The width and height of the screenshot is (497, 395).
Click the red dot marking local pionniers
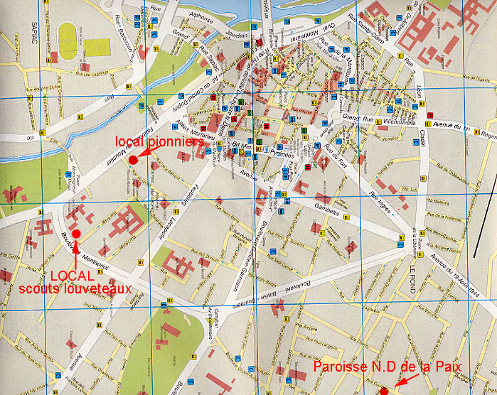(x=133, y=159)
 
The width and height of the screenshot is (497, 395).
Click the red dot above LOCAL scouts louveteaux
(x=77, y=234)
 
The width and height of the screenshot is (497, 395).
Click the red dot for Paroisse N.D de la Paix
(x=384, y=391)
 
